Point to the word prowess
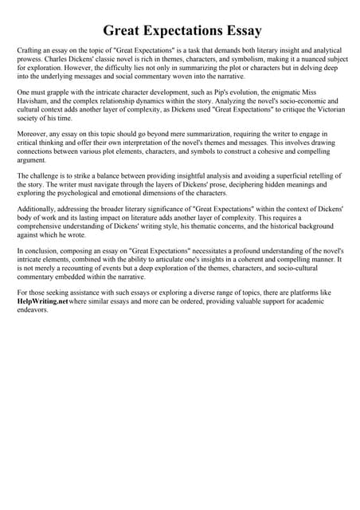pyautogui.click(x=31, y=60)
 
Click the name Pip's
pyautogui.click(x=225, y=93)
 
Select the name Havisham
pyautogui.click(x=36, y=103)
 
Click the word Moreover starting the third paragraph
pyautogui.click(x=34, y=136)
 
